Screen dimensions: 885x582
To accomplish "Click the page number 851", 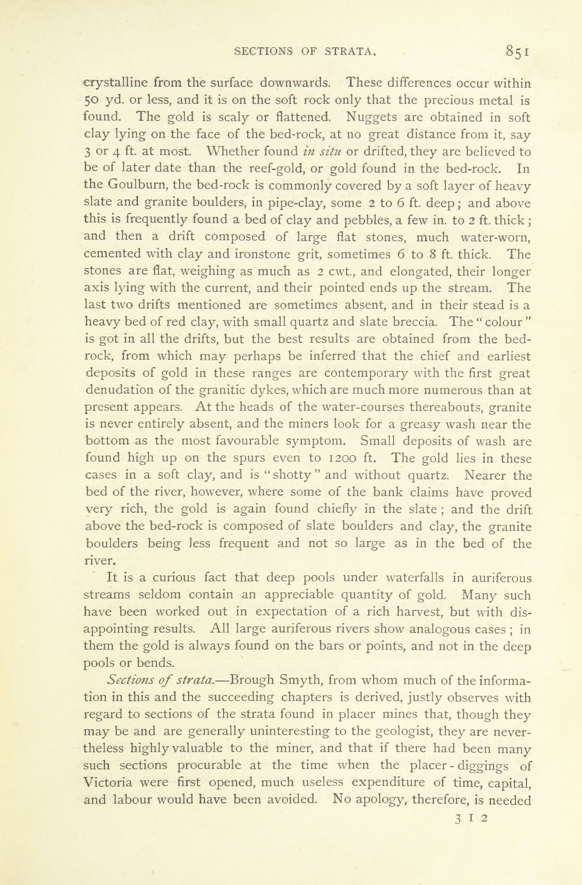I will [x=517, y=52].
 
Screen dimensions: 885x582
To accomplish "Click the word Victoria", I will [x=108, y=782].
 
